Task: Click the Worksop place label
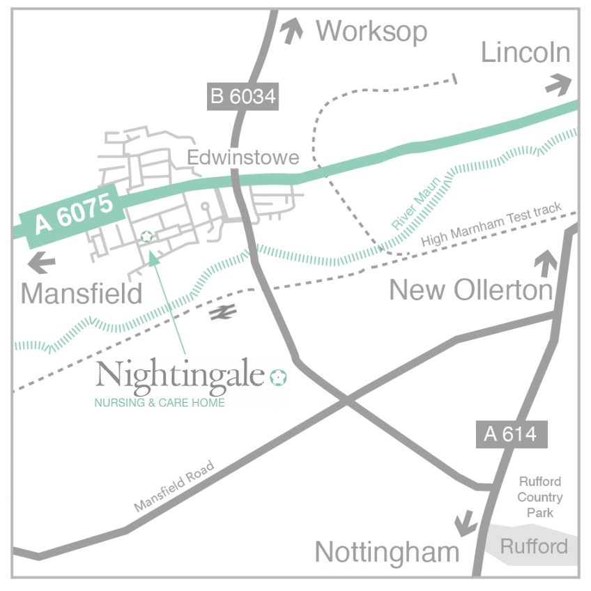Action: [x=371, y=31]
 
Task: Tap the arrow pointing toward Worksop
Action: [x=292, y=31]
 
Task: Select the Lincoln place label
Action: [x=525, y=53]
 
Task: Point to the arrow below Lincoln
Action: [x=558, y=85]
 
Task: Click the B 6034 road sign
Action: [x=243, y=96]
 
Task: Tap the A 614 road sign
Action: [x=511, y=434]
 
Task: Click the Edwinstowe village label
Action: [x=243, y=158]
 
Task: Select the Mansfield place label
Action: [x=82, y=293]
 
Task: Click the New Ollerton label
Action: [x=470, y=290]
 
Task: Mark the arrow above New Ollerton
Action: [x=545, y=265]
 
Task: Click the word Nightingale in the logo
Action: [x=181, y=376]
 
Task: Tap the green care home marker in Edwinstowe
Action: [x=146, y=237]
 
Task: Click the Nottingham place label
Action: [x=387, y=552]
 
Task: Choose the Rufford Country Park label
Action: [x=540, y=497]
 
